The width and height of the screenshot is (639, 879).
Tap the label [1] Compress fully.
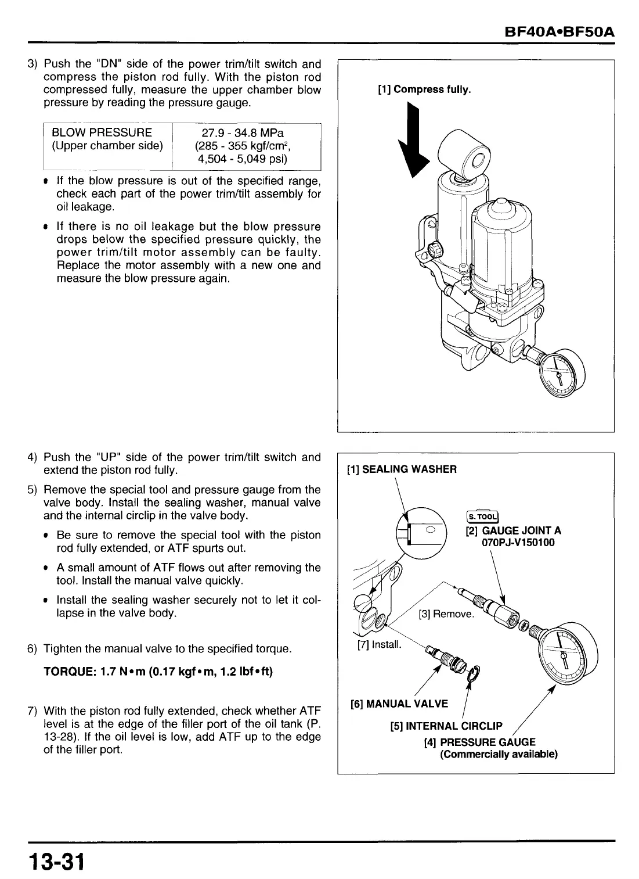[424, 89]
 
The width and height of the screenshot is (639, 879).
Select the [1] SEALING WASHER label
[401, 469]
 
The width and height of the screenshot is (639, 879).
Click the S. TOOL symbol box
[482, 516]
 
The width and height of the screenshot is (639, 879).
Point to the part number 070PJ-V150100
[513, 543]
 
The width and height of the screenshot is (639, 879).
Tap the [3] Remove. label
[446, 613]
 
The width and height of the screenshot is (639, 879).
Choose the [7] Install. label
[378, 645]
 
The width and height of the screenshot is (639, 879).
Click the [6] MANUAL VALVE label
[399, 704]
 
